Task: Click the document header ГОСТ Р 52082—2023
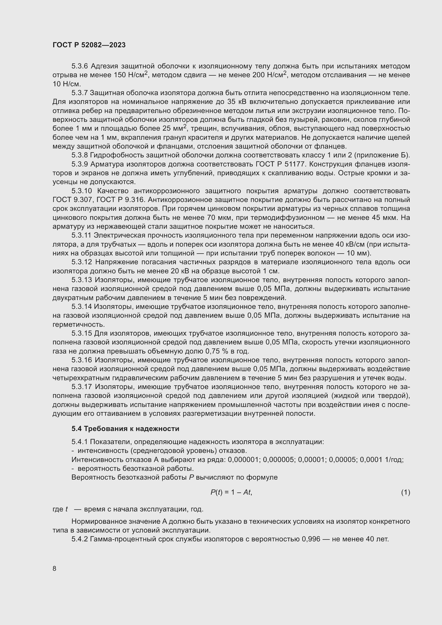pos(89,45)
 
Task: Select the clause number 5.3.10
pos(82,191)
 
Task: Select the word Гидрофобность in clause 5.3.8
pos(117,155)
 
